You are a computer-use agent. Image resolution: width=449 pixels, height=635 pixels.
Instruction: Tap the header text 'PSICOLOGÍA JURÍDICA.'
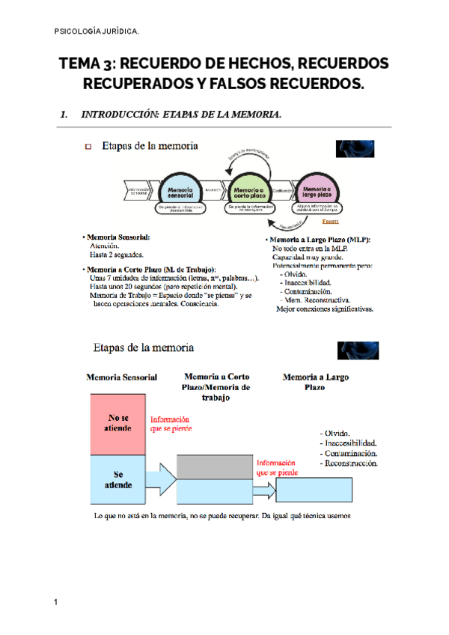[x=97, y=31]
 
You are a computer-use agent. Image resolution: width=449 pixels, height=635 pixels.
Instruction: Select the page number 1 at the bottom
[x=56, y=602]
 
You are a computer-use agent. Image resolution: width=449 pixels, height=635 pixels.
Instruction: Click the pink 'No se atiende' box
[x=118, y=423]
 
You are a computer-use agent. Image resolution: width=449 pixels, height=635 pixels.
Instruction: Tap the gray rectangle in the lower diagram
[x=215, y=467]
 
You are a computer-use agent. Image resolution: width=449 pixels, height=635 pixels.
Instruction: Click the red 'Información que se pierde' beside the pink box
[x=170, y=424]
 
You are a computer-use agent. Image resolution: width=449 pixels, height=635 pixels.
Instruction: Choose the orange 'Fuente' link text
[x=331, y=222]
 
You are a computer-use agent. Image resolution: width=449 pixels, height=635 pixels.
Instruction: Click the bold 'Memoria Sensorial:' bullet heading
[x=118, y=237]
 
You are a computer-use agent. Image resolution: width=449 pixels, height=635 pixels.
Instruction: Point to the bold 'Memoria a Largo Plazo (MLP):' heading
[x=320, y=240]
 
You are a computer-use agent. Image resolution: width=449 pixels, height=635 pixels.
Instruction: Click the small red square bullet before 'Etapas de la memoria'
[x=87, y=148]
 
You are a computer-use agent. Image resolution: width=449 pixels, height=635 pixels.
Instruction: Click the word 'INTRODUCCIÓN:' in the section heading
[x=120, y=115]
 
